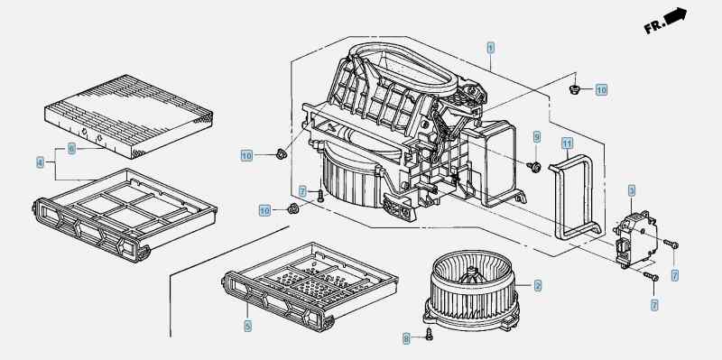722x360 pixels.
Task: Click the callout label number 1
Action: tap(490, 47)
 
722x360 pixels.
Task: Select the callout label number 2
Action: tap(538, 286)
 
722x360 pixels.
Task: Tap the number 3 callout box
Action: tap(633, 190)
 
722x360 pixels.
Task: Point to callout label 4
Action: tap(41, 162)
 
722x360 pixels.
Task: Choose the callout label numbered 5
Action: tap(247, 326)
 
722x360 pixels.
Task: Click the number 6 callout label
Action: tap(71, 147)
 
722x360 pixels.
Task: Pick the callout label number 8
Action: tap(406, 337)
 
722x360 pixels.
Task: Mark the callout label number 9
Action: tap(535, 137)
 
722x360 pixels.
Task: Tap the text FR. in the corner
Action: tap(654, 28)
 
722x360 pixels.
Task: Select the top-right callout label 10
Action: tap(601, 89)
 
